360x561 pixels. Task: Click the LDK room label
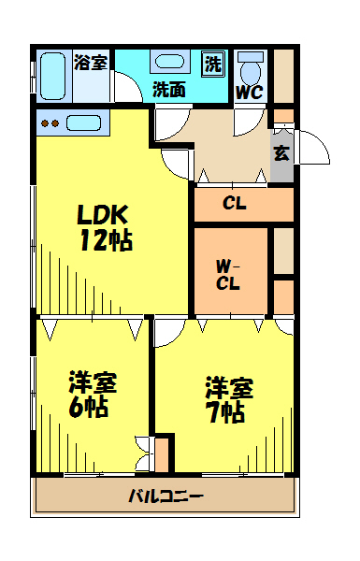pyautogui.click(x=103, y=214)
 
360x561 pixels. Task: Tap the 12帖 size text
pyautogui.click(x=107, y=239)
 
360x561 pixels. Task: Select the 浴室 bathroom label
pyautogui.click(x=91, y=62)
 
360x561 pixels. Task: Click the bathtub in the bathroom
pyautogui.click(x=52, y=76)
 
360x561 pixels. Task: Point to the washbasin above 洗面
pyautogui.click(x=170, y=61)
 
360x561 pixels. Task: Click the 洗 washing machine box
pyautogui.click(x=213, y=64)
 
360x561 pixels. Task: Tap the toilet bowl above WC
pyautogui.click(x=251, y=69)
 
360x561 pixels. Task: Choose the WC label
pyautogui.click(x=250, y=93)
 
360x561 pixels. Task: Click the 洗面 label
pyautogui.click(x=169, y=89)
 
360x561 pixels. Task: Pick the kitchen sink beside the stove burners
pyautogui.click(x=84, y=123)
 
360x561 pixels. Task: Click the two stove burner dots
pyautogui.click(x=50, y=123)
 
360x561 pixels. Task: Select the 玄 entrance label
pyautogui.click(x=281, y=153)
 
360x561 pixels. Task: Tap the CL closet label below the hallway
pyautogui.click(x=235, y=204)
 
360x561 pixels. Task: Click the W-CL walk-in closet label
pyautogui.click(x=228, y=275)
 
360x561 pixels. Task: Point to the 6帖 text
pyautogui.click(x=89, y=407)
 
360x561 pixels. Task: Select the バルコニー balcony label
pyautogui.click(x=166, y=496)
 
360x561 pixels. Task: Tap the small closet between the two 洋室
pyautogui.click(x=162, y=453)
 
